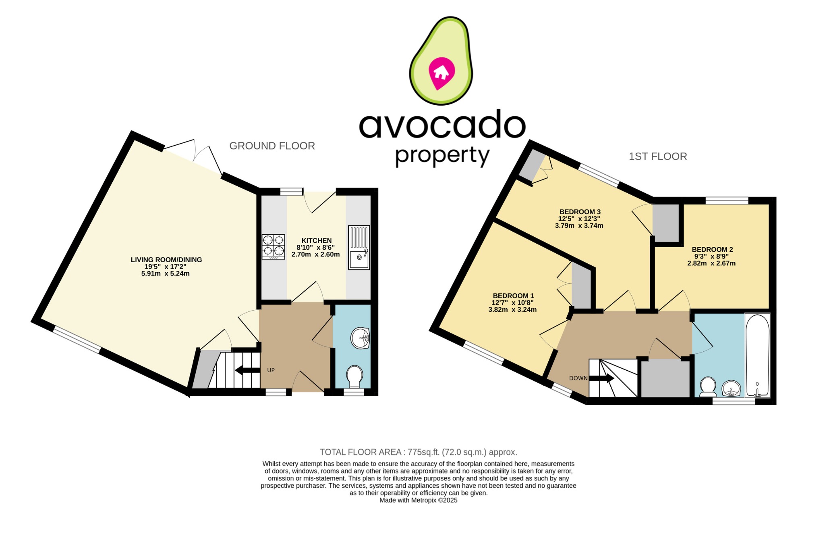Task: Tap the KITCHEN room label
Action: pyautogui.click(x=316, y=240)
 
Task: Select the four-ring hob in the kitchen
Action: pyautogui.click(x=273, y=246)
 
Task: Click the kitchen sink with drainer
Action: pyautogui.click(x=359, y=247)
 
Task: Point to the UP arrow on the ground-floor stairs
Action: pyautogui.click(x=247, y=370)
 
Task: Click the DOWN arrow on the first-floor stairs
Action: pyautogui.click(x=602, y=378)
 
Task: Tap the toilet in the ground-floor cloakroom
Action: pyautogui.click(x=354, y=376)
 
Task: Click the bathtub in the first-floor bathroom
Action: pyautogui.click(x=757, y=355)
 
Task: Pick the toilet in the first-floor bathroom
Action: pyautogui.click(x=708, y=386)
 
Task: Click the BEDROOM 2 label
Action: pyautogui.click(x=712, y=249)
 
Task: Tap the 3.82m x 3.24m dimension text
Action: pyautogui.click(x=512, y=310)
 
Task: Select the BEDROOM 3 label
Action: pyautogui.click(x=580, y=212)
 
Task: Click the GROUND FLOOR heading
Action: pyautogui.click(x=272, y=146)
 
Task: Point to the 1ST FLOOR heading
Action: pyautogui.click(x=657, y=157)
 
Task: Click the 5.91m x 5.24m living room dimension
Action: pyautogui.click(x=165, y=273)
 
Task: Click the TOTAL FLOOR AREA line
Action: pyautogui.click(x=418, y=452)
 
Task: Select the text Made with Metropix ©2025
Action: pyautogui.click(x=418, y=500)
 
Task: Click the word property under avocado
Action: pyautogui.click(x=442, y=155)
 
